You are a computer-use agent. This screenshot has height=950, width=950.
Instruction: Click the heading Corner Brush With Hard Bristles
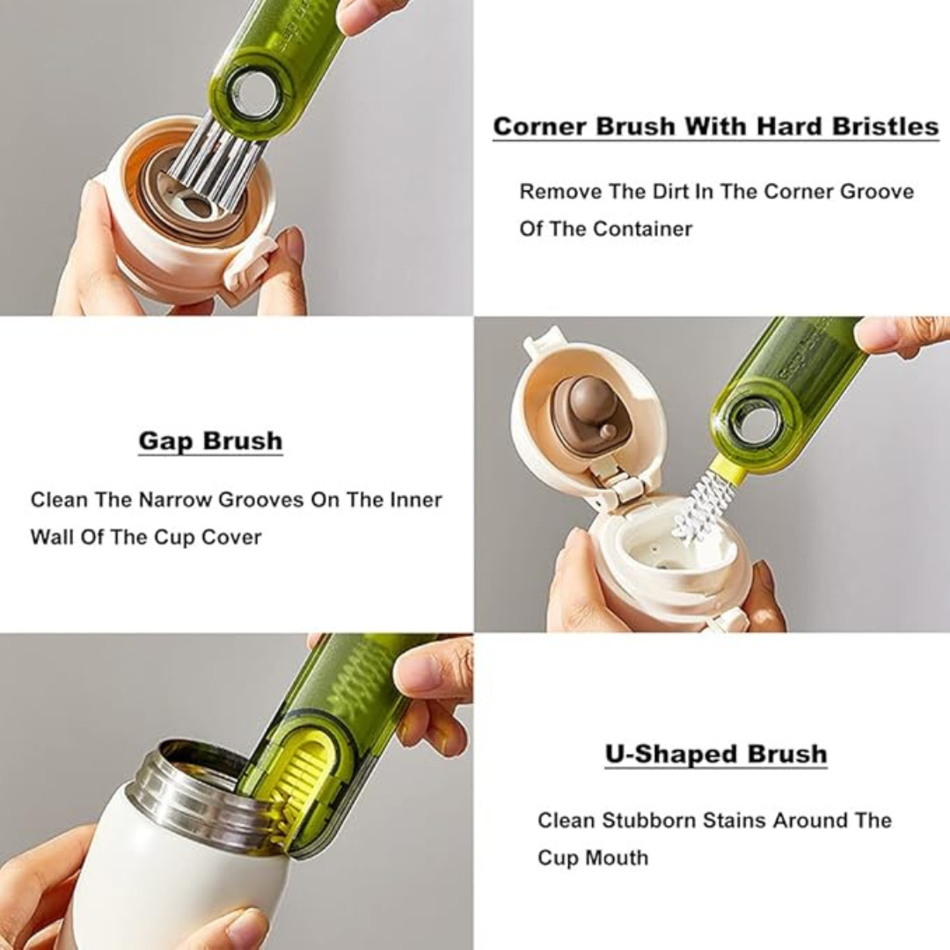715,127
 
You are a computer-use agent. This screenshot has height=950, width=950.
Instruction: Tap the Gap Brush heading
210,441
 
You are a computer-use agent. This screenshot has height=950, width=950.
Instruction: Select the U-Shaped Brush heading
715,755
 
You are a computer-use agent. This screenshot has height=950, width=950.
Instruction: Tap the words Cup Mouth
593,858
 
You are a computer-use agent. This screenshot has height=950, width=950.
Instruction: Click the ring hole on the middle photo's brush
755,420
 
